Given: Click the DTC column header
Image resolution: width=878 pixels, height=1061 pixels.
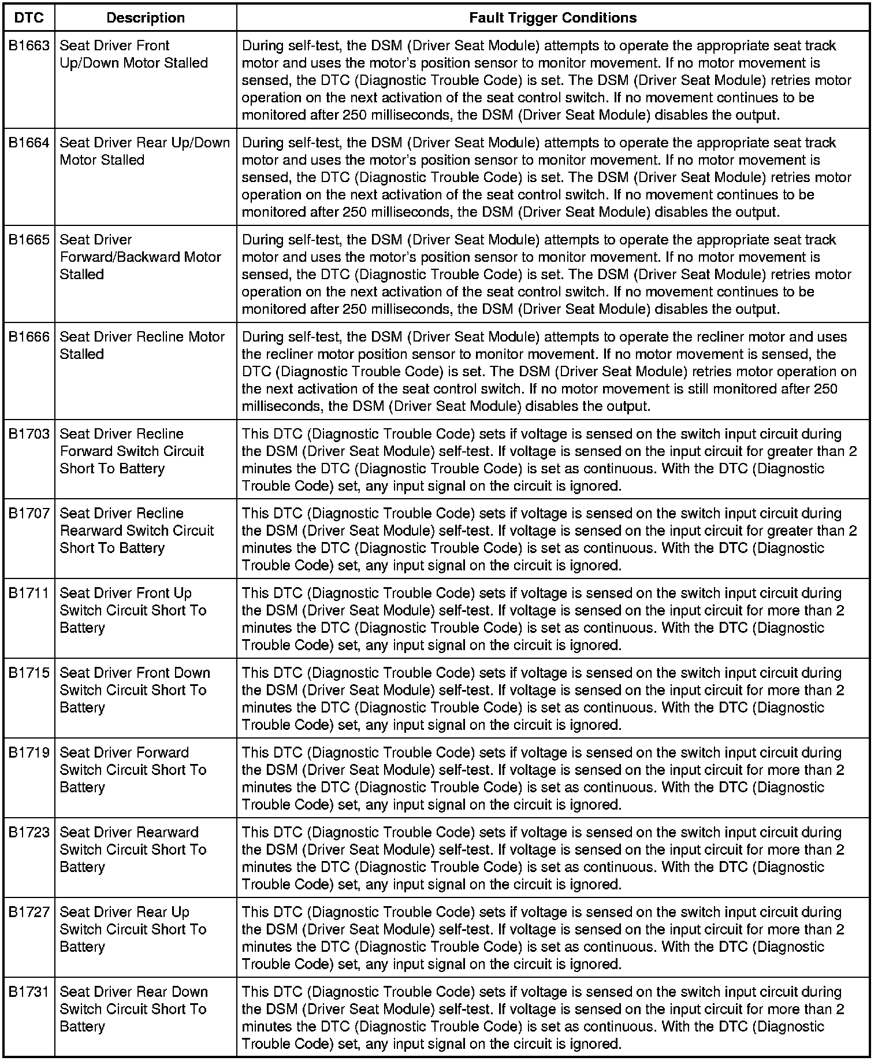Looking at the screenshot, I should tap(28, 18).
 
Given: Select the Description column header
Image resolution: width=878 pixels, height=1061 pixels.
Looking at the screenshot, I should tap(146, 18).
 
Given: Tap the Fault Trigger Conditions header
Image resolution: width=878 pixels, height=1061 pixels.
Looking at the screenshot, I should tap(553, 18).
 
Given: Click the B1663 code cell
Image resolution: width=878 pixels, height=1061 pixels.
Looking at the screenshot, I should tap(29, 46).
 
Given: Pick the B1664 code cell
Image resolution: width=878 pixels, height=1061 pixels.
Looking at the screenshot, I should tap(29, 143).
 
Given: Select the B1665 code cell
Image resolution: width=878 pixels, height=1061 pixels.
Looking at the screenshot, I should tap(29, 240).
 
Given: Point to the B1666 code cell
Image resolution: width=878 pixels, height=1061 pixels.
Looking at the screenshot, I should tap(29, 337).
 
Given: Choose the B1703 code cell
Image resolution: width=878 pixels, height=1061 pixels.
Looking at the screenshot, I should tap(29, 434).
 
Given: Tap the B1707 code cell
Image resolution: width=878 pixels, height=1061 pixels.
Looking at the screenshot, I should tap(29, 514).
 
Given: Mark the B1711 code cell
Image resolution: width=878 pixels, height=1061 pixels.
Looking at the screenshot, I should tap(29, 593).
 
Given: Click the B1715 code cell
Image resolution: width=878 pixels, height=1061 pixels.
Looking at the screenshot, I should tap(29, 673).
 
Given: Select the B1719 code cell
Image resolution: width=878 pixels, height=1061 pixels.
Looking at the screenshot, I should tap(29, 753).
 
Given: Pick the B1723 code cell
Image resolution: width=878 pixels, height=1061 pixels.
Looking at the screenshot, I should tap(29, 833).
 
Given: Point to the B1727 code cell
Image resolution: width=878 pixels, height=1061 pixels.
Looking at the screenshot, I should tap(29, 912).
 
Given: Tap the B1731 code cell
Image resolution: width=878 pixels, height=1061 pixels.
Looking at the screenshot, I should tap(29, 992).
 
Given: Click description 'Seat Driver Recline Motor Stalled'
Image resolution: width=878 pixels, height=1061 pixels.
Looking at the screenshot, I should tap(142, 346).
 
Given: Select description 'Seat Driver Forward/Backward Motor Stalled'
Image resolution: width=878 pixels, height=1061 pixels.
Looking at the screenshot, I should tap(140, 257).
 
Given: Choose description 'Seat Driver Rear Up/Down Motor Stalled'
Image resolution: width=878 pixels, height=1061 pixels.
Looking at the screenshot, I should tap(145, 151).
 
